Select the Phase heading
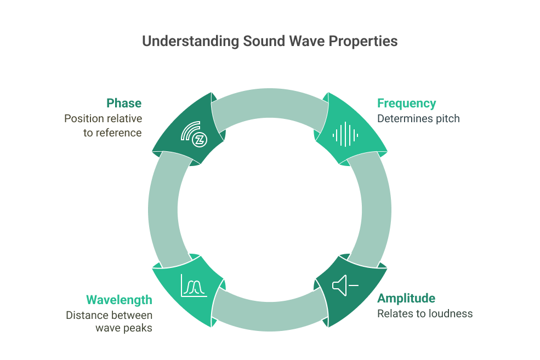[124, 103]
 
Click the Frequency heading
[406, 103]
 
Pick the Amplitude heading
[406, 298]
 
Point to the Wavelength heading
[119, 300]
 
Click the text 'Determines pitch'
[418, 118]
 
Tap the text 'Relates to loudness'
[425, 313]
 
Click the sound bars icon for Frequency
[345, 134]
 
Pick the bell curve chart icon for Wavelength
[194, 285]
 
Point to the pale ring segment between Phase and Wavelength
[163, 209]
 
